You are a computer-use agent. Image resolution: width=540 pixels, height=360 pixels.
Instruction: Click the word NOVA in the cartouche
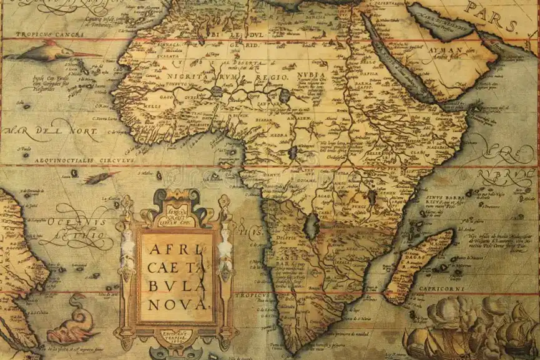pos(177,304)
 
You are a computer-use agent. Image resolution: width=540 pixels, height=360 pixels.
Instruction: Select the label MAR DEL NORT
pos(50,132)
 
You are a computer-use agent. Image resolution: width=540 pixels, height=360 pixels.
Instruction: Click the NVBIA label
pos(311,75)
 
